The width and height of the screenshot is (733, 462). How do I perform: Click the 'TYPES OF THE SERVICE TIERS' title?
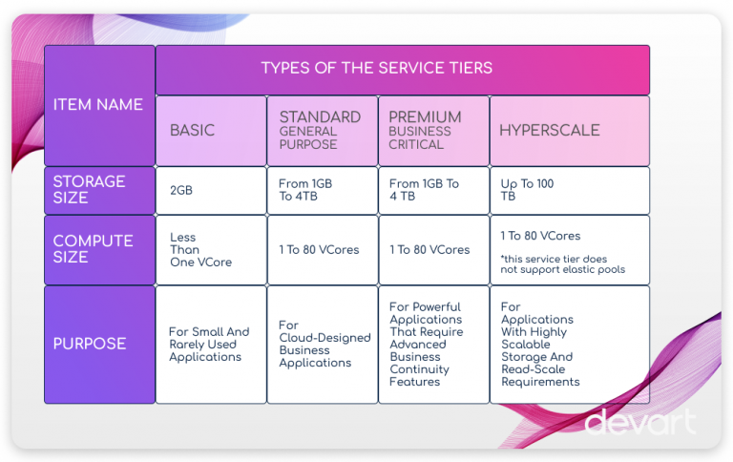(376, 68)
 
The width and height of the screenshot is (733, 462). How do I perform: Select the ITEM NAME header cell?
(99, 106)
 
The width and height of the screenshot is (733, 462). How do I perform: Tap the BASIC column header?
(211, 131)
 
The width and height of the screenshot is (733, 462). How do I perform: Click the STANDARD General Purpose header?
(322, 131)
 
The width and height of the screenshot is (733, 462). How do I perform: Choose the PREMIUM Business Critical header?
(433, 131)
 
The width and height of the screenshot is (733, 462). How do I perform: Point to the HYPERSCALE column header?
(570, 131)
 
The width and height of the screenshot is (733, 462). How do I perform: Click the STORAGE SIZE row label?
(99, 190)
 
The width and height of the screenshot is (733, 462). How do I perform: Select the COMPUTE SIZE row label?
(99, 250)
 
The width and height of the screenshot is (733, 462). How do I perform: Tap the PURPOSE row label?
(99, 345)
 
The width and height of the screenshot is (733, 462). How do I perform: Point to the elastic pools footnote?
(563, 264)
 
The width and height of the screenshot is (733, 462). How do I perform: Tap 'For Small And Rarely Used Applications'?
(209, 345)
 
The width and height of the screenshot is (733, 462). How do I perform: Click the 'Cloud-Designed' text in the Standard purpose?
(325, 338)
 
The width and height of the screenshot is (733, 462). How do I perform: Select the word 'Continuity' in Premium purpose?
(419, 369)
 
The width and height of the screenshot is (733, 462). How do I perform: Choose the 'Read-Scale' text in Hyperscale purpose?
(533, 369)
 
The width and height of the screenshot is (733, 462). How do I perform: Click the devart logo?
(640, 422)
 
